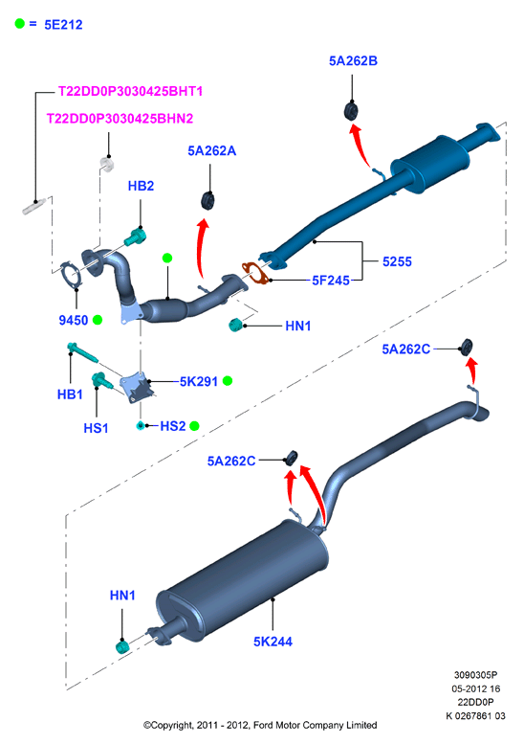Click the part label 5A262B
[x=353, y=60]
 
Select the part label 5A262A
[x=211, y=151]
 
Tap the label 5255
[x=397, y=261]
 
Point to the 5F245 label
[x=331, y=281]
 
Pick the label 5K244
[x=273, y=642]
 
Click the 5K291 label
[x=199, y=381]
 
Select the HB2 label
[x=141, y=186]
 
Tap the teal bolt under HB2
[x=136, y=237]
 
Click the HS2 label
[x=173, y=426]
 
